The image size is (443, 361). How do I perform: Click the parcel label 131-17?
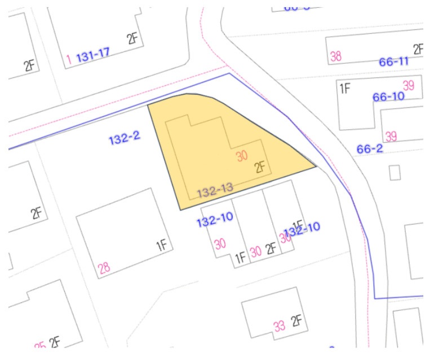(x=92, y=55)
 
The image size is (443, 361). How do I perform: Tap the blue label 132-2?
(x=124, y=138)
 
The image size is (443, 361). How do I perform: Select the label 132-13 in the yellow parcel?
(x=215, y=191)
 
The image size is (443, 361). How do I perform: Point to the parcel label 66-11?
(x=394, y=61)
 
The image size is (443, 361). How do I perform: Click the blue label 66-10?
(x=388, y=96)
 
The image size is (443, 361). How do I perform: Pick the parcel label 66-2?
(x=370, y=149)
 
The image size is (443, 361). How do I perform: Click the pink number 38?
(x=336, y=56)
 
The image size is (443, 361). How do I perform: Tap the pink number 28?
(x=104, y=268)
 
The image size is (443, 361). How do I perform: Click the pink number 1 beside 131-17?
(x=68, y=59)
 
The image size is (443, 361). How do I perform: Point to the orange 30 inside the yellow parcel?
(x=242, y=156)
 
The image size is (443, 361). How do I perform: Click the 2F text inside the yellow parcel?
(x=260, y=167)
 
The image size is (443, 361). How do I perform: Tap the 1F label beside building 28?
(x=162, y=245)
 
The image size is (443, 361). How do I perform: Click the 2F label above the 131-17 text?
(x=132, y=38)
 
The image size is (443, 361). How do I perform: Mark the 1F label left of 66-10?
(x=345, y=88)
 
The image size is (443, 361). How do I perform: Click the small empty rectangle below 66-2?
(x=395, y=172)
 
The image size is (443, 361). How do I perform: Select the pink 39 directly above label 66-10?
(x=409, y=85)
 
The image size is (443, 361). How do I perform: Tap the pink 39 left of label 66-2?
(x=391, y=137)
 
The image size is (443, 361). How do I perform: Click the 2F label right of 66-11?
(x=418, y=49)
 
